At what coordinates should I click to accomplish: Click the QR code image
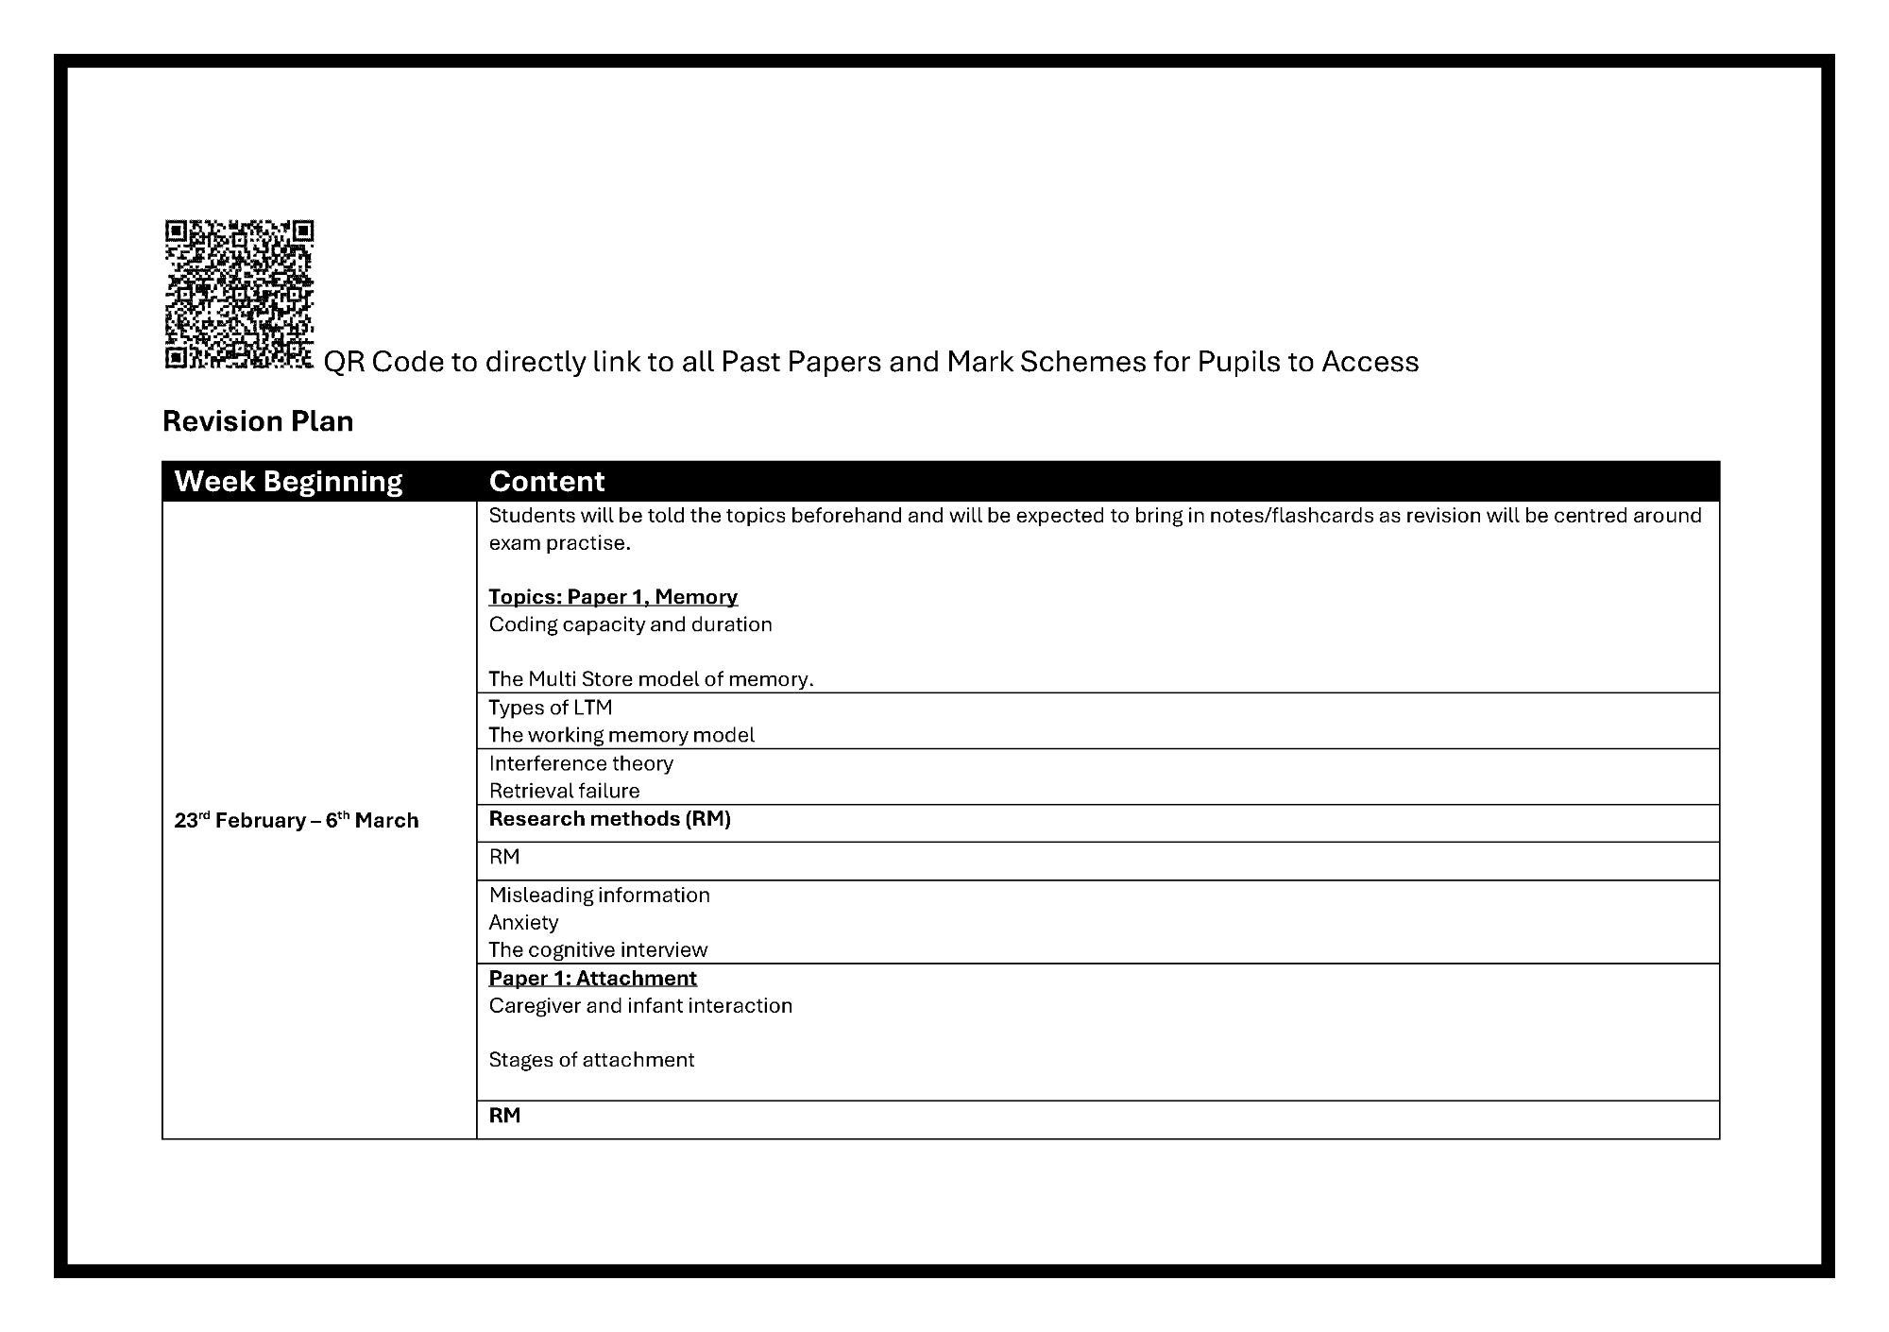(239, 294)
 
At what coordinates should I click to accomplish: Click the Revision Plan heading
(258, 421)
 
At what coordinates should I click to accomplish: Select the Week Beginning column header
(288, 482)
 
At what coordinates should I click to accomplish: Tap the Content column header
(547, 482)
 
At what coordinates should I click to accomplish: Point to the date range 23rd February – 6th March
(297, 820)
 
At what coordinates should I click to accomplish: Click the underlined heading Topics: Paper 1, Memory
(613, 597)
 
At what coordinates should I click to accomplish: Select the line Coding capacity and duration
(630, 624)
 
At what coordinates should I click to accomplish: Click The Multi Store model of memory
(651, 679)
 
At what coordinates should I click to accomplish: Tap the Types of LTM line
(551, 708)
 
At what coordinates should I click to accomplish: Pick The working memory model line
(621, 735)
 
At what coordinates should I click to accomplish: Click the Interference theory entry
(581, 763)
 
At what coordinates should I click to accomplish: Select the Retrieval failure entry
(564, 791)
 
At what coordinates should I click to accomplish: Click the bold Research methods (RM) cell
(610, 819)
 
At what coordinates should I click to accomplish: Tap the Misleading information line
(599, 895)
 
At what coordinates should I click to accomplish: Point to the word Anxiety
(523, 922)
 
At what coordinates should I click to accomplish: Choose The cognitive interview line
(598, 949)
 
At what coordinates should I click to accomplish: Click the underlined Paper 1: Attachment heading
(592, 978)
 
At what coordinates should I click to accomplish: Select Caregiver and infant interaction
(640, 1005)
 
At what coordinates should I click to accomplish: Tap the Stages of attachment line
(591, 1060)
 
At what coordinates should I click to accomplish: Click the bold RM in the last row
(504, 1116)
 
